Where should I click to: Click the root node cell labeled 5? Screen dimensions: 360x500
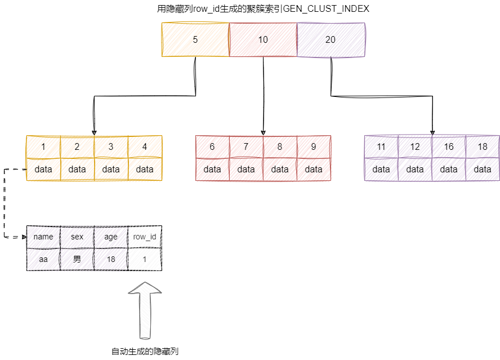195,40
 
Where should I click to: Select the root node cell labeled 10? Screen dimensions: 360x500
263,40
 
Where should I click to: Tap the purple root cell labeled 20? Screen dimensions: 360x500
331,40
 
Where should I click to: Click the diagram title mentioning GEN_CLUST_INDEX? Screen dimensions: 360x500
263,9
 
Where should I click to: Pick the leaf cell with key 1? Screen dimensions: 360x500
43,146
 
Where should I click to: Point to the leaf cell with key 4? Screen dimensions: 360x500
145,146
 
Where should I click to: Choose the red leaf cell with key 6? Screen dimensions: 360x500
212,146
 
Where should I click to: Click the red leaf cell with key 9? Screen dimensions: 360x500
314,146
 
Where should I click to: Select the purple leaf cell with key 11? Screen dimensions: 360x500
381,146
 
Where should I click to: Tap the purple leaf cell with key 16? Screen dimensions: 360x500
449,146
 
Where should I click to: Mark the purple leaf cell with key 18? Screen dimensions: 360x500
483,146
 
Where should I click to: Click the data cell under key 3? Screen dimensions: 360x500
111,169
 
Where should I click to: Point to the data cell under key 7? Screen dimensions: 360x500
246,169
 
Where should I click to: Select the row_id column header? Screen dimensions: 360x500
145,237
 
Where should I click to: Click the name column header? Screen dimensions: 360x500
43,237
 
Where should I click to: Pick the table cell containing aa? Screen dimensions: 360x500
43,259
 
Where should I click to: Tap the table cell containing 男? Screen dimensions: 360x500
77,259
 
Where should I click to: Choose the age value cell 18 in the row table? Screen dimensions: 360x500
111,259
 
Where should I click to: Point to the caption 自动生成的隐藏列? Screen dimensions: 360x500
145,352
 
